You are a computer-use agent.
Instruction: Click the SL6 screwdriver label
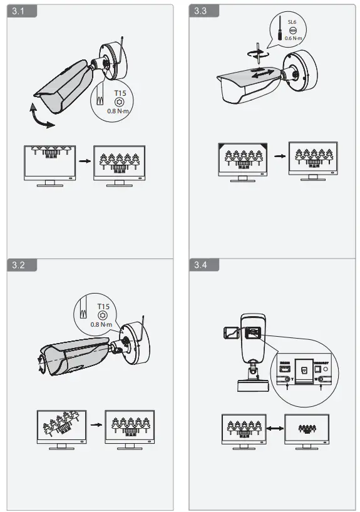tap(292, 21)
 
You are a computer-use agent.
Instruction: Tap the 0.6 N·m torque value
tap(292, 38)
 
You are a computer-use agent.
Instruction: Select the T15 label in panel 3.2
tap(103, 306)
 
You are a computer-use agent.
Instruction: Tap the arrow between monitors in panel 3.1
tap(83, 161)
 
